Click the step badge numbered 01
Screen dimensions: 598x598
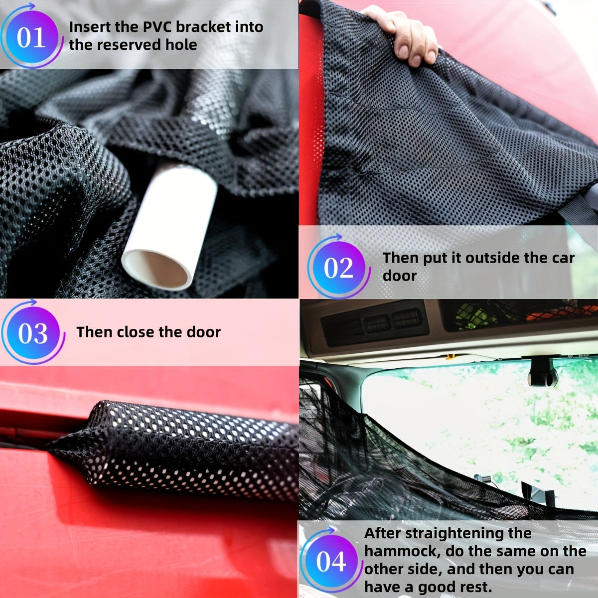(x=31, y=36)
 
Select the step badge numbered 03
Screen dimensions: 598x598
(x=32, y=333)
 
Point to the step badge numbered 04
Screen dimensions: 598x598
(x=331, y=562)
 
